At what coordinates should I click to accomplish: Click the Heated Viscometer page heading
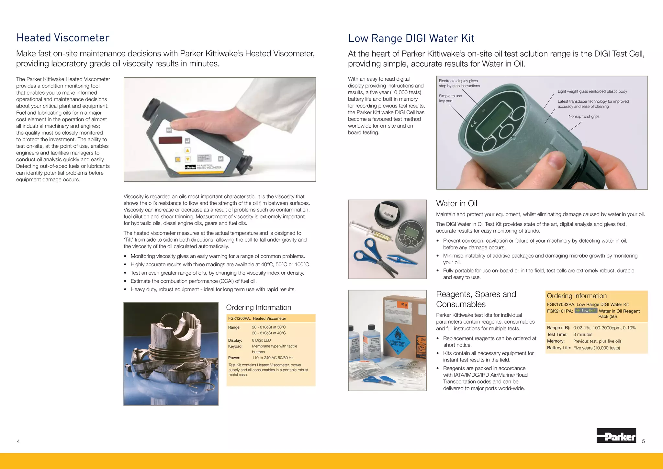(63, 38)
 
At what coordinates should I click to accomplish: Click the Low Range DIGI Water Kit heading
(411, 38)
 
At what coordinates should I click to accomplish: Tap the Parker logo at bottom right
(616, 436)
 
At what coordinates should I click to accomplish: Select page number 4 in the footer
(18, 441)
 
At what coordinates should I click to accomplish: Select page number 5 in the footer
(643, 441)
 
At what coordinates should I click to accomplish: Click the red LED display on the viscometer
(170, 140)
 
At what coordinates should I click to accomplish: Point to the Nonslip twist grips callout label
(584, 117)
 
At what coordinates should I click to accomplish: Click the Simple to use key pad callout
(450, 98)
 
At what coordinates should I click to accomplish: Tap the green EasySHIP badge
(586, 311)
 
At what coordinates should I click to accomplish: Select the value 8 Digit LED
(261, 340)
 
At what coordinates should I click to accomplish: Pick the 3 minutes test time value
(582, 335)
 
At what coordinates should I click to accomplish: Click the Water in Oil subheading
(456, 203)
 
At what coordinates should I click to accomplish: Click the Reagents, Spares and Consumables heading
(476, 299)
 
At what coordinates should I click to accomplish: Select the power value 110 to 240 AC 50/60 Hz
(272, 358)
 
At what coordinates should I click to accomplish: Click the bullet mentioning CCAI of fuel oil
(193, 281)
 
